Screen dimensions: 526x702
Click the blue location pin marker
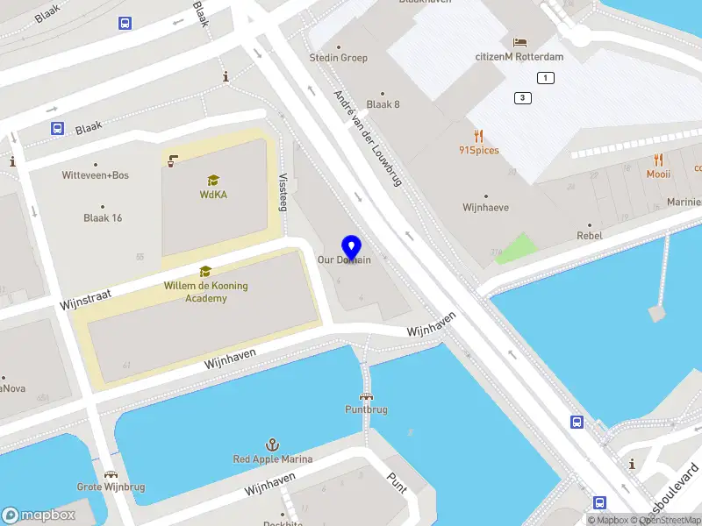point(352,247)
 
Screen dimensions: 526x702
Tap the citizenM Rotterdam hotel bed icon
point(519,43)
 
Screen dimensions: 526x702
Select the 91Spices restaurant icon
point(478,136)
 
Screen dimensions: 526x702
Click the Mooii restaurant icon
point(658,160)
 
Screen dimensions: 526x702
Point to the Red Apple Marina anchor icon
point(273,445)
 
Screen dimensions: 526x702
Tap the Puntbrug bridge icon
point(366,395)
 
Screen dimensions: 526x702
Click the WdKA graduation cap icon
point(211,181)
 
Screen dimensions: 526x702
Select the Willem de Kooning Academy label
point(206,292)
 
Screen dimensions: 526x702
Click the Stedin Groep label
point(339,58)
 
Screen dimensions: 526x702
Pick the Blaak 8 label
point(383,104)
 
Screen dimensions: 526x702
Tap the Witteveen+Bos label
point(95,175)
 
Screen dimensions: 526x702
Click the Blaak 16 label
point(103,217)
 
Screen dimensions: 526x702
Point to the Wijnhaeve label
point(486,208)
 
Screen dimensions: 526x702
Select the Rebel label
point(590,236)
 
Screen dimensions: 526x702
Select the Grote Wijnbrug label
point(111,487)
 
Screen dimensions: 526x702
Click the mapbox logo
point(37,515)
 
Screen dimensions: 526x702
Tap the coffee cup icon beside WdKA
point(173,160)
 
